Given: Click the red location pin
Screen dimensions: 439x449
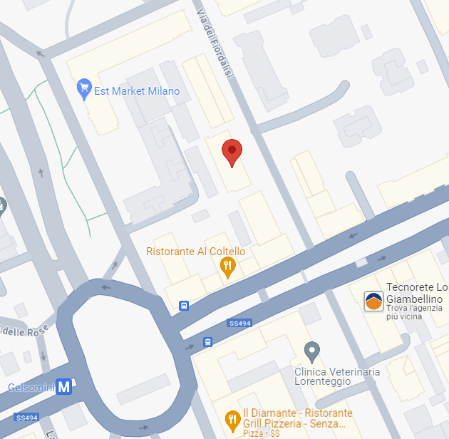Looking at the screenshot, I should [232, 152].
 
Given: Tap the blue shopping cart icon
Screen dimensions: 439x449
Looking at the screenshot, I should [84, 90].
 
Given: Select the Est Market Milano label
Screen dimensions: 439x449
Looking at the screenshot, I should [137, 91].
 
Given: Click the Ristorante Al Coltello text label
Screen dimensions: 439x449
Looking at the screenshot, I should [195, 252].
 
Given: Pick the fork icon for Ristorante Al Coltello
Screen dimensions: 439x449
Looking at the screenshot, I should [227, 267].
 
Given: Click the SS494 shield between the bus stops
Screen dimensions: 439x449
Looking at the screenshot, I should [240, 324].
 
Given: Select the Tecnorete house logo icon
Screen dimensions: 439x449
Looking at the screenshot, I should [373, 301].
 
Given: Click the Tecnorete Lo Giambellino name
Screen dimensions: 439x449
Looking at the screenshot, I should [417, 294].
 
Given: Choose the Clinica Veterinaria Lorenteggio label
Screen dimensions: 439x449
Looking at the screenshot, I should [337, 376].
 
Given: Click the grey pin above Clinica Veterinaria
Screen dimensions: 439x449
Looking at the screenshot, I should [311, 351].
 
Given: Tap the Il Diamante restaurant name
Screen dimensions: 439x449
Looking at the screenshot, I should [297, 418].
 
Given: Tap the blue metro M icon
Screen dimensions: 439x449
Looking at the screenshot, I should [65, 387].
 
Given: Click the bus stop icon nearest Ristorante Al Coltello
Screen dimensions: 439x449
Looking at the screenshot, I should [185, 306].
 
